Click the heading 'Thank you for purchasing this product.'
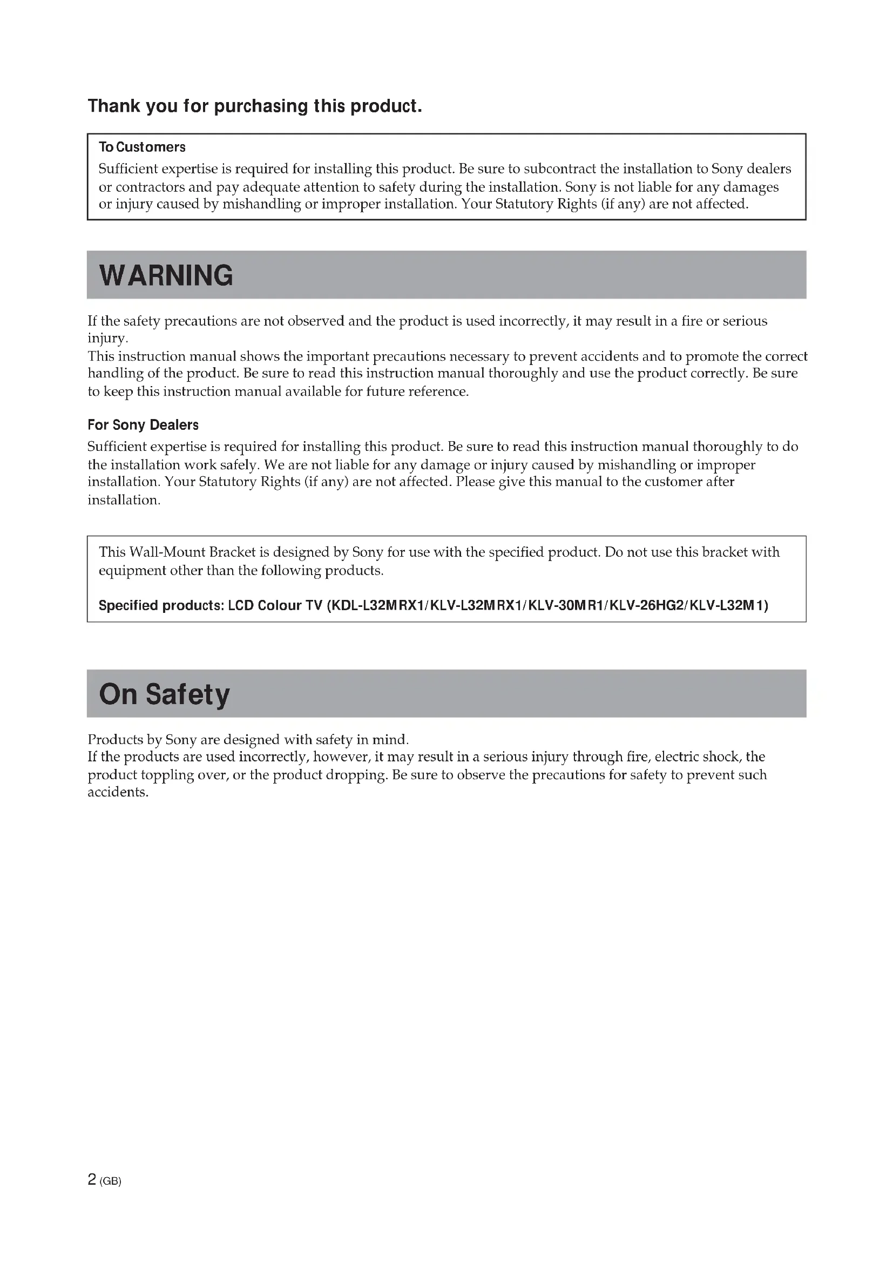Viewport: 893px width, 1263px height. pyautogui.click(x=255, y=106)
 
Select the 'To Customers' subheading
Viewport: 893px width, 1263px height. pyautogui.click(x=142, y=147)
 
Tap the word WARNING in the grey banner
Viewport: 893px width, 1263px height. pyautogui.click(x=166, y=275)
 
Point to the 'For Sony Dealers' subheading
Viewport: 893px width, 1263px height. pyautogui.click(x=143, y=424)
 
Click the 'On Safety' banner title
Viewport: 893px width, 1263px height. pyautogui.click(x=165, y=694)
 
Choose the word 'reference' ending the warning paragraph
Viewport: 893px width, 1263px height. pyautogui.click(x=437, y=391)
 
